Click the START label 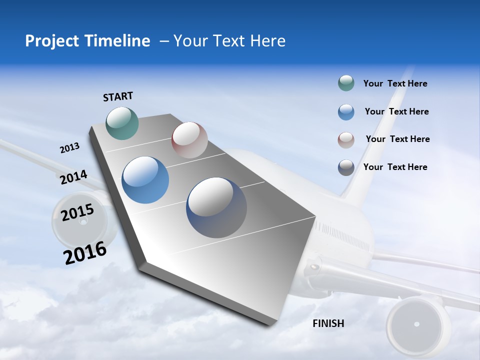pyautogui.click(x=118, y=96)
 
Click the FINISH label pyautogui.click(x=328, y=323)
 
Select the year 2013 pyautogui.click(x=69, y=148)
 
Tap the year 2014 pyautogui.click(x=73, y=177)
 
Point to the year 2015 pyautogui.click(x=77, y=212)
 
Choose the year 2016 pyautogui.click(x=85, y=252)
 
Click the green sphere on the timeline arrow pyautogui.click(x=122, y=123)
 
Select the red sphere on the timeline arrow pyautogui.click(x=189, y=140)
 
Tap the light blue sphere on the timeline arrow pyautogui.click(x=145, y=180)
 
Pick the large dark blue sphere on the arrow pyautogui.click(x=216, y=207)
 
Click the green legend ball pyautogui.click(x=346, y=83)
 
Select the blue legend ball pyautogui.click(x=346, y=112)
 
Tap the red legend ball pyautogui.click(x=346, y=140)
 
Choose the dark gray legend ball pyautogui.click(x=346, y=167)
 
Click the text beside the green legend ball pyautogui.click(x=395, y=83)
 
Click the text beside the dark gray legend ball pyautogui.click(x=395, y=167)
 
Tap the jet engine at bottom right pyautogui.click(x=416, y=324)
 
